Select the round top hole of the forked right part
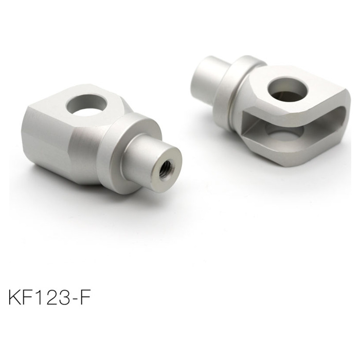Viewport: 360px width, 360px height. [290, 88]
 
